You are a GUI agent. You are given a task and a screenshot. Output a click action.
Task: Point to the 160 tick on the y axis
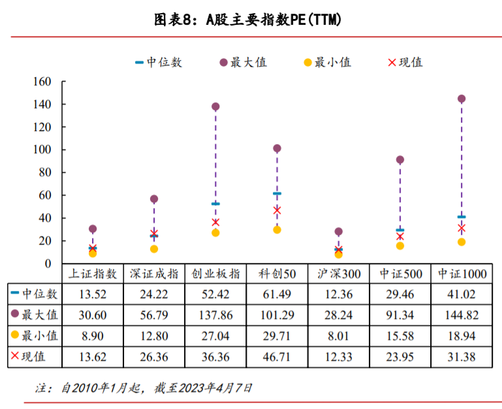pos(42,82)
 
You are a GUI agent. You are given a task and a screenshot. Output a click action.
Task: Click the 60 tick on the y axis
pos(46,195)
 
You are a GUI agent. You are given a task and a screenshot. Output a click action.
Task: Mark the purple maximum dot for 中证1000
pos(462,99)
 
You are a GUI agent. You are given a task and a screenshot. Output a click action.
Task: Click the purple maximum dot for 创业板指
pos(215,107)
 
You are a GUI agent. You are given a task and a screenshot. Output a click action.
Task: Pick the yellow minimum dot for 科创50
pos(277,230)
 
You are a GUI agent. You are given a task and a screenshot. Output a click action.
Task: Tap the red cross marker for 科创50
pos(277,210)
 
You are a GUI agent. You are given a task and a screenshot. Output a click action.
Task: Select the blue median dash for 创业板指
pos(215,204)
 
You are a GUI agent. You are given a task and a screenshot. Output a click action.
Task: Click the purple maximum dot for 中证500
pos(400,160)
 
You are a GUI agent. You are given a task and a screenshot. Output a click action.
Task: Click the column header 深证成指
pos(154,273)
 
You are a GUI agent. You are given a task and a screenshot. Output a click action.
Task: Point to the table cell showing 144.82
pos(462,315)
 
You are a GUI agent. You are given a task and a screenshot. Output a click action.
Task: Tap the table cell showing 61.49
pos(277,294)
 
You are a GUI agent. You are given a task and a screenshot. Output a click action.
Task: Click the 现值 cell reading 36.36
pos(215,357)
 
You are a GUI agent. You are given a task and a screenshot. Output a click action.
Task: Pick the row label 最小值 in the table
pos(40,336)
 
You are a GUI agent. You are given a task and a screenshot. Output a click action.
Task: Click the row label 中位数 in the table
pos(40,294)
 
